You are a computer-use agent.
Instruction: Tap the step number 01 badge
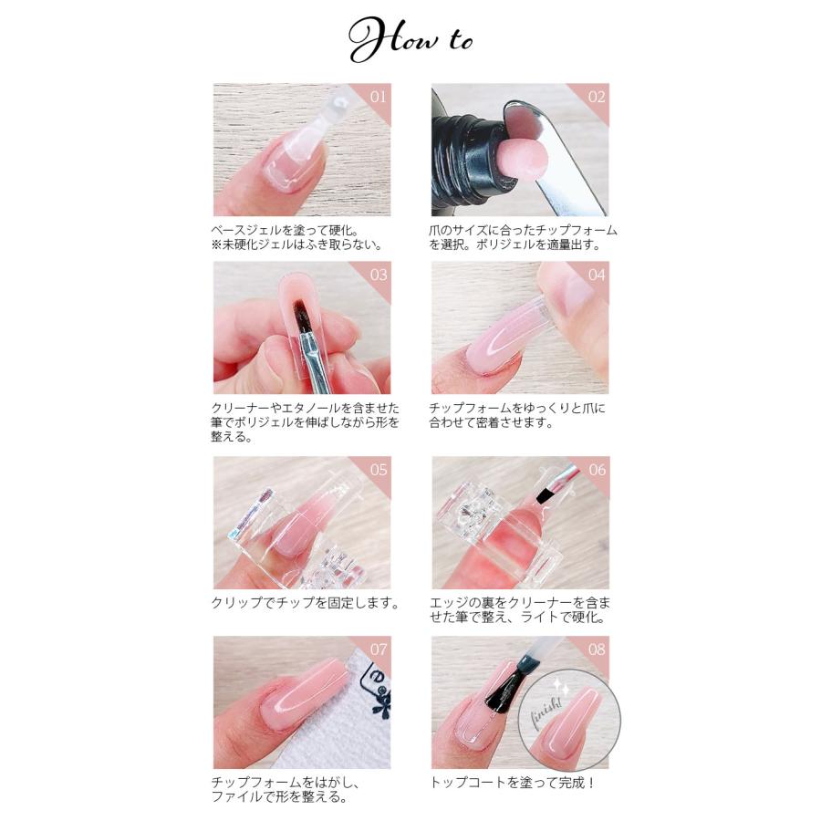click(379, 95)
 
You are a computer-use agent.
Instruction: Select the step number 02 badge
click(596, 95)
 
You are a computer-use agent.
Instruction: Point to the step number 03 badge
click(379, 274)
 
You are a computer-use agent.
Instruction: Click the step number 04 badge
click(596, 274)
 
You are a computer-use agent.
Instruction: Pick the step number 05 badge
click(379, 469)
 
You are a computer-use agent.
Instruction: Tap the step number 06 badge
click(596, 469)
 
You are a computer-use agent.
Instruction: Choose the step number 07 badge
click(379, 649)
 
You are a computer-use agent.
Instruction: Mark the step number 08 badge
click(596, 649)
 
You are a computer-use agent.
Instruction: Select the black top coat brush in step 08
click(505, 686)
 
